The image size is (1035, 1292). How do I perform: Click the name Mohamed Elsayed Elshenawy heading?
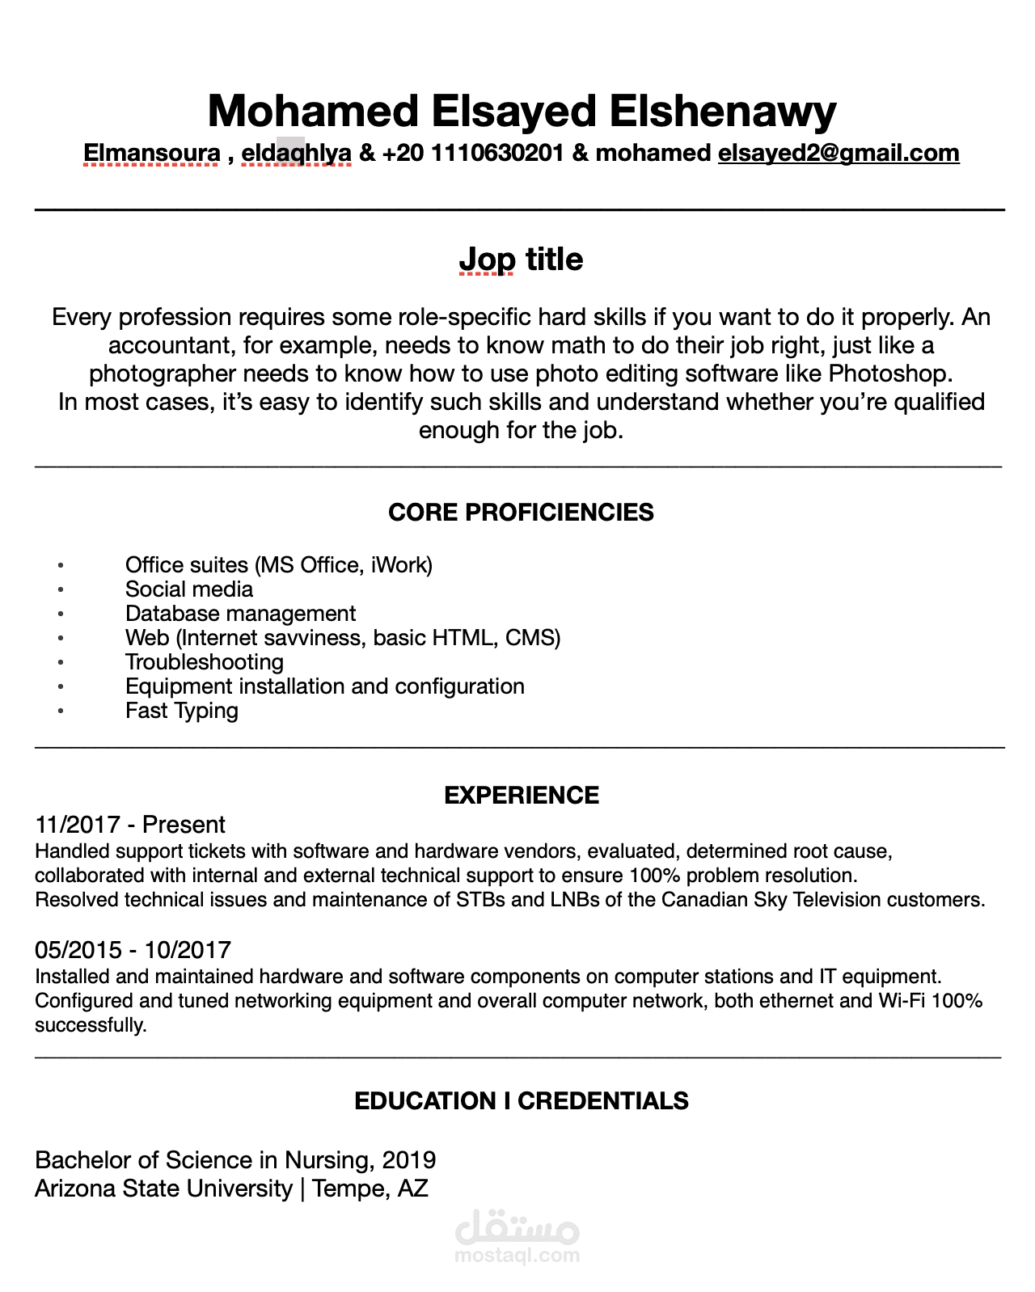(522, 112)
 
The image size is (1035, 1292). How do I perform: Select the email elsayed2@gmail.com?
(839, 153)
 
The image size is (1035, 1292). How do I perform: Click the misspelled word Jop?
(487, 260)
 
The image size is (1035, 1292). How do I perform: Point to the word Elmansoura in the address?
(152, 153)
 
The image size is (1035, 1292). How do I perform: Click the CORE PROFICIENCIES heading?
(521, 513)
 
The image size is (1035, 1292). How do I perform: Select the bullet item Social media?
(188, 589)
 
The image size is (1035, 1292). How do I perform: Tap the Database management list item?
(240, 614)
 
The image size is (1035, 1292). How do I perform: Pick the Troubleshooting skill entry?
(204, 662)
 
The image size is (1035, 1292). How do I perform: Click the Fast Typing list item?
(181, 711)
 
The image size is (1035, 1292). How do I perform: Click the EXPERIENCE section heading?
(522, 796)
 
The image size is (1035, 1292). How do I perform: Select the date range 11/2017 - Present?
(130, 825)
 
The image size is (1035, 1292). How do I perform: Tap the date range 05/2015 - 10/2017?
(133, 950)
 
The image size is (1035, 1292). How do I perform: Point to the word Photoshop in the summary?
(889, 374)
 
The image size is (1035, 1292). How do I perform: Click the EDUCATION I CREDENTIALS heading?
(522, 1101)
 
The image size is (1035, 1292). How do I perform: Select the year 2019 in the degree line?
(409, 1160)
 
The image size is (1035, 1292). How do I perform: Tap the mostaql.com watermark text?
(517, 1256)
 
